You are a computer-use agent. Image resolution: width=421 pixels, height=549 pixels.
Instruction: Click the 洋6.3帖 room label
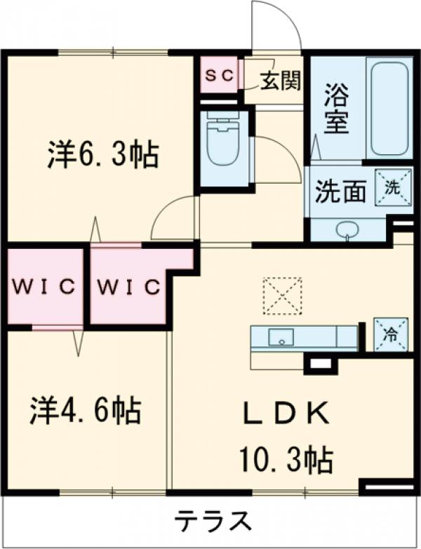pyautogui.click(x=102, y=154)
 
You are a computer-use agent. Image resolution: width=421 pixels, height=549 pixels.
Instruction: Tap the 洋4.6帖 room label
pyautogui.click(x=85, y=410)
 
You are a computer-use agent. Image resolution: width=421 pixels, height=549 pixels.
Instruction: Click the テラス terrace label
pyautogui.click(x=213, y=520)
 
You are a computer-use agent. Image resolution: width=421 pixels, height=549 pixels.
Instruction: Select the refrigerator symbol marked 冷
pyautogui.click(x=389, y=335)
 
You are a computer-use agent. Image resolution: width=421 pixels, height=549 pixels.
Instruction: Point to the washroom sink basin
pyautogui.click(x=346, y=230)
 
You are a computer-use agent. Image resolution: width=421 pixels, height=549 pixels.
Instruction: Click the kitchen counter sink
pyautogui.click(x=282, y=337)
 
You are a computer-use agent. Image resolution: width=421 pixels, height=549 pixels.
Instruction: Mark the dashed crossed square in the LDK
pyautogui.click(x=283, y=296)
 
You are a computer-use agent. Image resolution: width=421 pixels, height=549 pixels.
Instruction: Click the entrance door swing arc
pyautogui.click(x=277, y=27)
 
